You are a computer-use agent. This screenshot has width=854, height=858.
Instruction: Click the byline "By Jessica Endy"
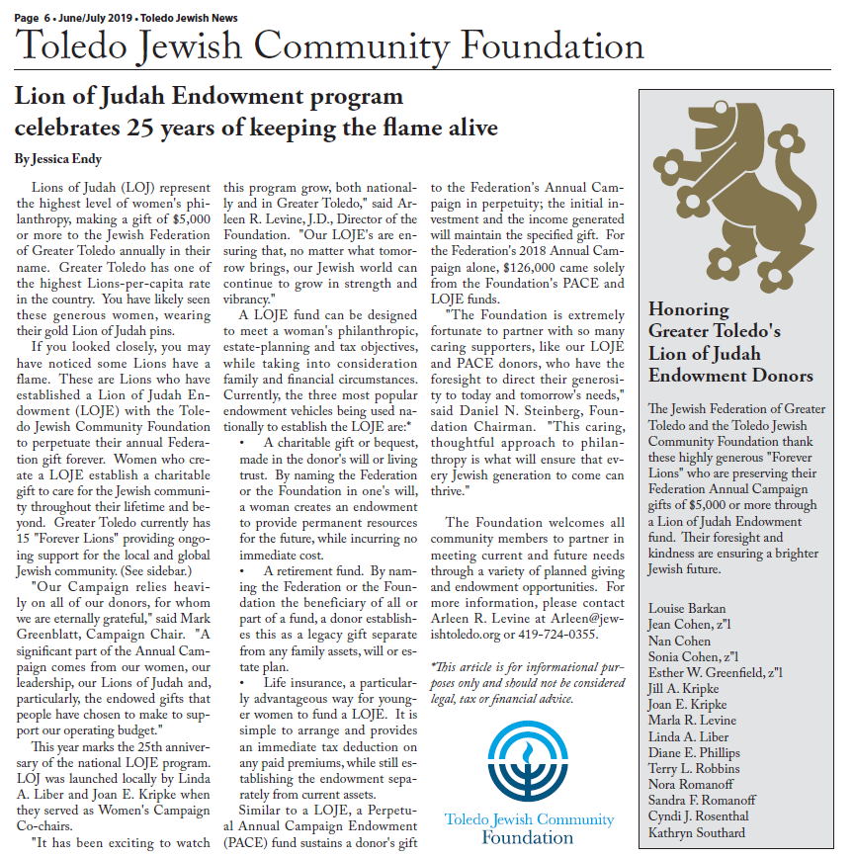58,158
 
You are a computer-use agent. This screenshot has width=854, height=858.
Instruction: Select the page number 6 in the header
50,17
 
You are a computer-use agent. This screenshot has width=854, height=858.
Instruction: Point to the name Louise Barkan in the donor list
688,608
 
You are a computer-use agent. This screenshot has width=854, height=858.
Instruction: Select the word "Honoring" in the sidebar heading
689,309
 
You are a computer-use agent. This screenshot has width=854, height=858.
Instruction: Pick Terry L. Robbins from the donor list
694,768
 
